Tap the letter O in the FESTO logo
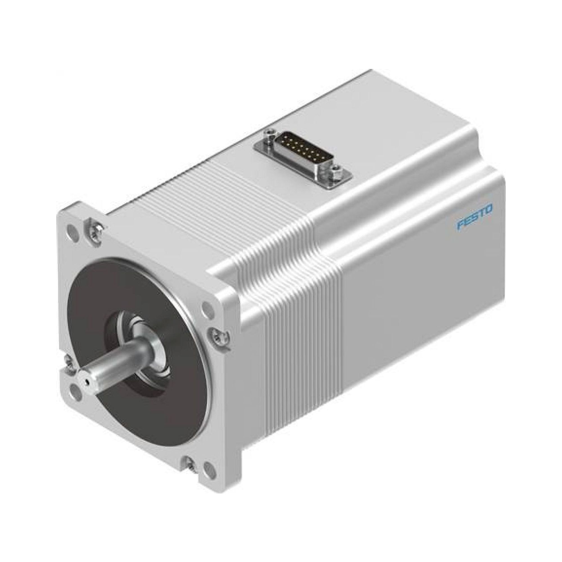[488, 209]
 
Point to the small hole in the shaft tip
[85, 381]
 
